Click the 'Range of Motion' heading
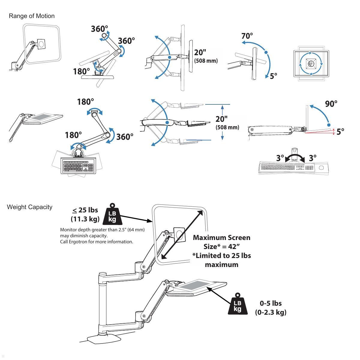pos(32,16)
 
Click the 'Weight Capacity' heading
pos(29,207)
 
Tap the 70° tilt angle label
pos(247,36)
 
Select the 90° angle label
pos(331,104)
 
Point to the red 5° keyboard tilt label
pos(340,132)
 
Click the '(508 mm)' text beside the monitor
pos(206,61)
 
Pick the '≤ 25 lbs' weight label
pos(85,210)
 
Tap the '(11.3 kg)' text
pos(85,219)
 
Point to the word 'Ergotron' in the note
pos(78,242)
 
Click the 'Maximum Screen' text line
pos(222,238)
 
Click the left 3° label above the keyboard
pos(280,158)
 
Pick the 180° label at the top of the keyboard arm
pos(85,102)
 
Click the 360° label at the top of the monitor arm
pos(99,29)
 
